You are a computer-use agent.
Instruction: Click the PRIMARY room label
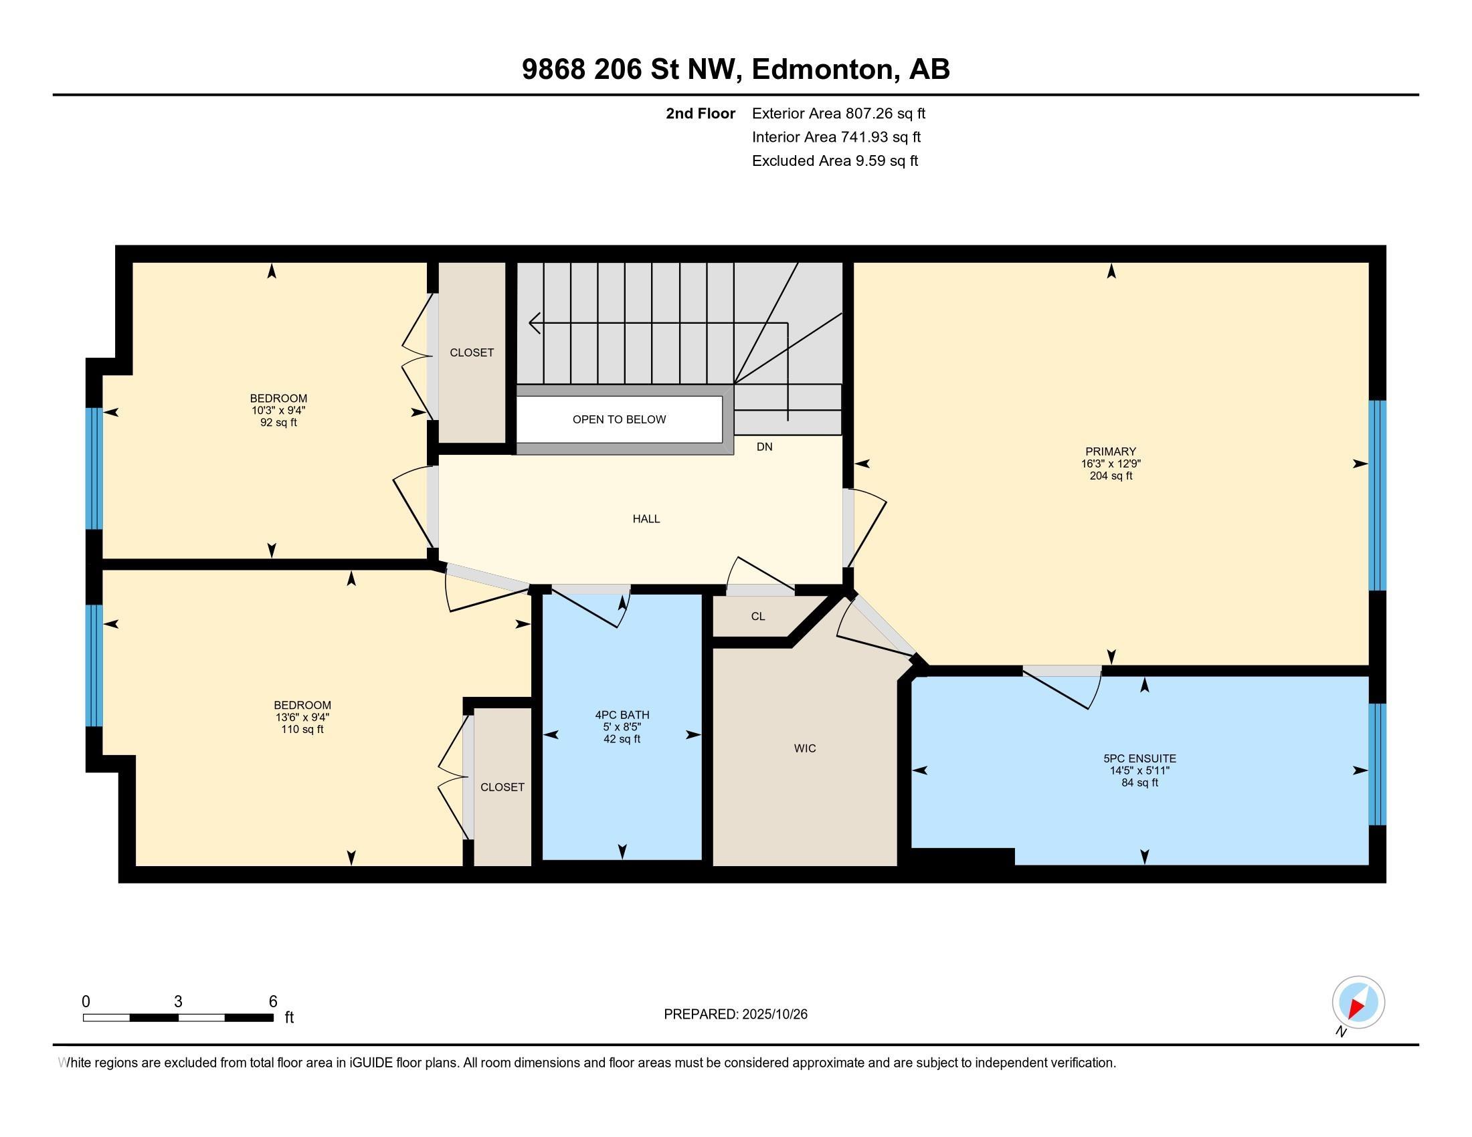pos(1110,451)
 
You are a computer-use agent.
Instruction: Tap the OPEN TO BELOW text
pos(619,419)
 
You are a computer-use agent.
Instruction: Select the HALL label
pos(646,518)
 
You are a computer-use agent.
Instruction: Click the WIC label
pos(805,748)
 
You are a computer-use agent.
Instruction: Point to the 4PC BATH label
pos(622,715)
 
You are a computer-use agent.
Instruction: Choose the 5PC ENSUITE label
pos(1139,758)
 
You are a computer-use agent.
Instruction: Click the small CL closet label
pos(757,617)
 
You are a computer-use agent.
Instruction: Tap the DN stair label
pos(764,447)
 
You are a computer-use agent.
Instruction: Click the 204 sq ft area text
pos(1111,476)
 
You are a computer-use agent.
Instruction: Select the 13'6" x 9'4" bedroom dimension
pos(302,718)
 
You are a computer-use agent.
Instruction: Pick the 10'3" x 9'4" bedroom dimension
pos(278,410)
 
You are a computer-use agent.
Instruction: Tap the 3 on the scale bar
pos(178,1002)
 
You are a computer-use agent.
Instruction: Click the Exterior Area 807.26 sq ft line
pos(838,113)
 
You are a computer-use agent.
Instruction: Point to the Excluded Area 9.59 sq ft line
pos(835,161)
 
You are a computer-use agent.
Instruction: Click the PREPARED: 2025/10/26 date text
pos(735,1014)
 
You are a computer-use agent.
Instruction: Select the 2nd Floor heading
pos(701,113)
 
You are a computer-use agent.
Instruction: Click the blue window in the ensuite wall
pos(1378,764)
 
